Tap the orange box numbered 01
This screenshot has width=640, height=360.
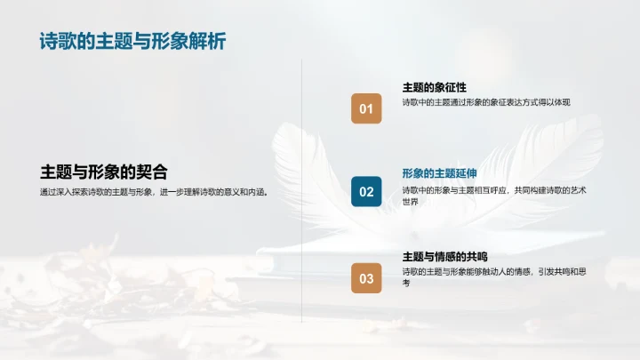[x=366, y=109]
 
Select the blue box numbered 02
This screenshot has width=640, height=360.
[x=366, y=192]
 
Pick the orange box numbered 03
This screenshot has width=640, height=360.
[x=366, y=278]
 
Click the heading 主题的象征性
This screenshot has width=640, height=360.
[x=435, y=87]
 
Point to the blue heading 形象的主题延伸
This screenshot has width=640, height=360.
[x=440, y=172]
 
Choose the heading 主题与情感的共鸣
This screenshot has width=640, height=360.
[x=445, y=257]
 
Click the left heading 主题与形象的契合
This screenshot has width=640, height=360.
[x=104, y=172]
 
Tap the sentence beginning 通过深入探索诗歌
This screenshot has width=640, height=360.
[x=153, y=192]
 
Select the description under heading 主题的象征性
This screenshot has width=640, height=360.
[x=486, y=102]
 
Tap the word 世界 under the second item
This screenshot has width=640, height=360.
[x=410, y=202]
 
